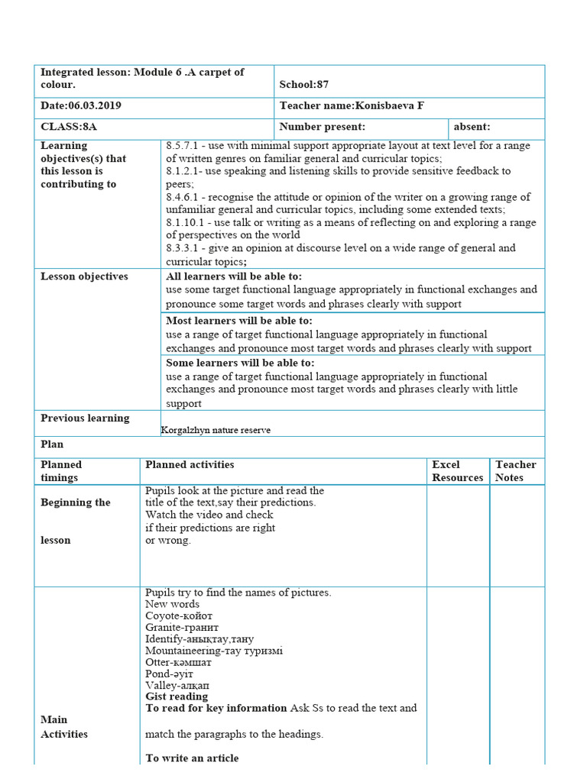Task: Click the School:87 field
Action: coord(303,85)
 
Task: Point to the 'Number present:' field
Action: coord(322,127)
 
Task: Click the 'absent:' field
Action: coord(472,127)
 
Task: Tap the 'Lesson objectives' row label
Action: coord(84,276)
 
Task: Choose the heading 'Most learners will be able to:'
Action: coord(239,321)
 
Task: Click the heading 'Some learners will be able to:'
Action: coord(240,364)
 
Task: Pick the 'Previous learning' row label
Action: coord(85,418)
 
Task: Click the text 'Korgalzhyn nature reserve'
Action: coord(216,430)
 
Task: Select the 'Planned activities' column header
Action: coord(190,464)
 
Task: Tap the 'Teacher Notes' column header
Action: coord(516,470)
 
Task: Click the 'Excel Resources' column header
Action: coord(457,470)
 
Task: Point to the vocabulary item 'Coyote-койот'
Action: coord(179,616)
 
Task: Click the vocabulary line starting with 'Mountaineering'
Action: coord(214,651)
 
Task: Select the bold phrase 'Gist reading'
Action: coord(177,696)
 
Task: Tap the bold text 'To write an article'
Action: coord(192,758)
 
